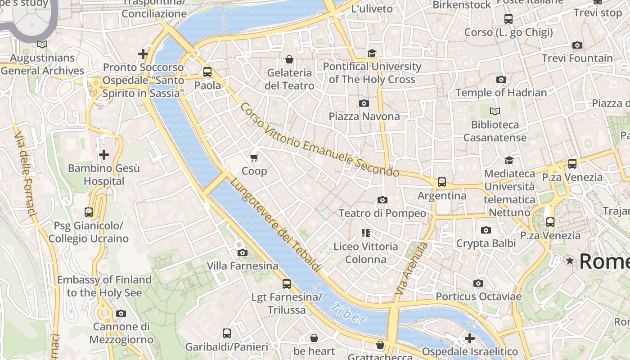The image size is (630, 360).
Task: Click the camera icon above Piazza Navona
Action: pyautogui.click(x=364, y=103)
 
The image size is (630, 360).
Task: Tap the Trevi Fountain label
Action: pyautogui.click(x=577, y=58)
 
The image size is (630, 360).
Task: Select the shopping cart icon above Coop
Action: pyautogui.click(x=254, y=157)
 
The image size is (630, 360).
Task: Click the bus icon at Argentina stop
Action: pyautogui.click(x=442, y=182)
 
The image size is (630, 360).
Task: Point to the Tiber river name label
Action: pyautogui.click(x=347, y=314)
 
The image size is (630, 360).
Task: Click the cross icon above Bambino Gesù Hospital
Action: pyautogui.click(x=104, y=155)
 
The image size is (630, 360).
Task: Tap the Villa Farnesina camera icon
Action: pyautogui.click(x=243, y=253)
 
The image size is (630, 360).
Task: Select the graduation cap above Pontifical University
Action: pyautogui.click(x=372, y=54)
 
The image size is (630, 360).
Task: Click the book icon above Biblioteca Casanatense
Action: pyautogui.click(x=495, y=111)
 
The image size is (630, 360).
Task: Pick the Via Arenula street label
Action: pyautogui.click(x=411, y=269)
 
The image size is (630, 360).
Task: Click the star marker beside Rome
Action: pyautogui.click(x=570, y=261)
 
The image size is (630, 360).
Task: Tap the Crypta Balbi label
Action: pyautogui.click(x=486, y=243)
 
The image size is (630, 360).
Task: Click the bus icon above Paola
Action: pyautogui.click(x=207, y=72)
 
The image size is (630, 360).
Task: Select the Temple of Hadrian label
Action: pyautogui.click(x=501, y=93)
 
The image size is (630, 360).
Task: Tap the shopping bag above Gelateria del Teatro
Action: pyautogui.click(x=289, y=59)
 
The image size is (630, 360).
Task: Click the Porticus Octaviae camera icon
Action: pyautogui.click(x=478, y=283)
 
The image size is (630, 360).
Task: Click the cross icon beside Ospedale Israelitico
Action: pyautogui.click(x=470, y=338)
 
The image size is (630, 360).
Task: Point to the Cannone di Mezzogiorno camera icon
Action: pyautogui.click(x=121, y=314)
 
